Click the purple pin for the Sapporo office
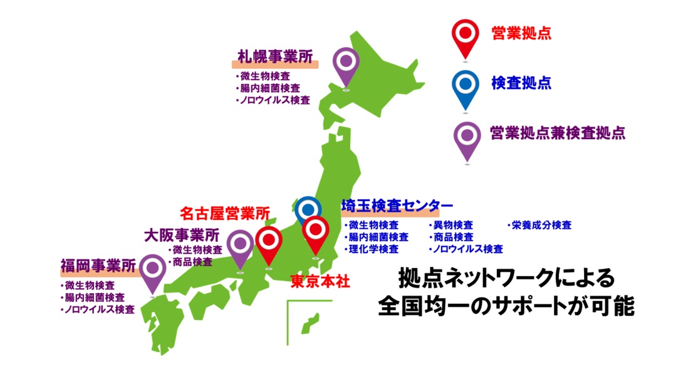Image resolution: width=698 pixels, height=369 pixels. [x=345, y=63]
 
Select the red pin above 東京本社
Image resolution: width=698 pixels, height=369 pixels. [x=315, y=231]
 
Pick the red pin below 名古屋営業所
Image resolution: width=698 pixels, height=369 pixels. [x=269, y=241]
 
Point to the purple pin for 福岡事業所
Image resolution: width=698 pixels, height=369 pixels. [x=152, y=269]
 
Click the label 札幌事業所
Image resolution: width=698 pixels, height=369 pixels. [x=276, y=56]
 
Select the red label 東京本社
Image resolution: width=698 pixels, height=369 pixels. [x=320, y=281]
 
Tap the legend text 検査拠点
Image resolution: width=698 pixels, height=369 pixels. [x=521, y=83]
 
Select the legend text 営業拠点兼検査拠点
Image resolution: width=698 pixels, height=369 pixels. [x=558, y=132]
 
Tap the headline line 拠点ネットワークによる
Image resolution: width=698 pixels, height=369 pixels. [x=508, y=278]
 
